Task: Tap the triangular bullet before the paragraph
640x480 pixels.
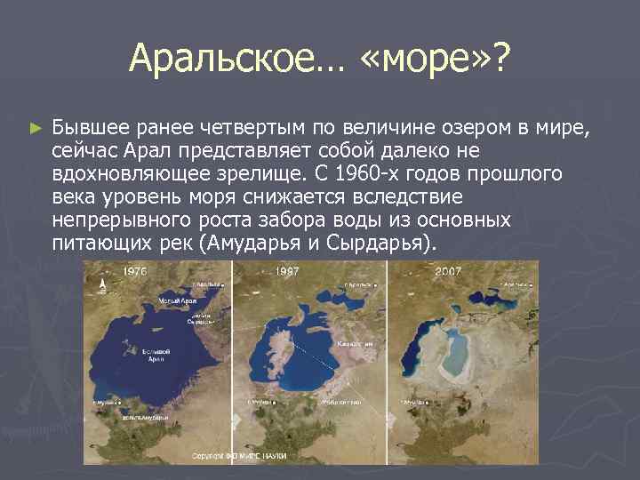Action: (x=35, y=130)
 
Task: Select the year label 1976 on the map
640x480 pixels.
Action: (x=135, y=270)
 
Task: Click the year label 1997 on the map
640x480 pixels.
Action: (x=287, y=270)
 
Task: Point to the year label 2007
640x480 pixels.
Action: (x=449, y=270)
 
